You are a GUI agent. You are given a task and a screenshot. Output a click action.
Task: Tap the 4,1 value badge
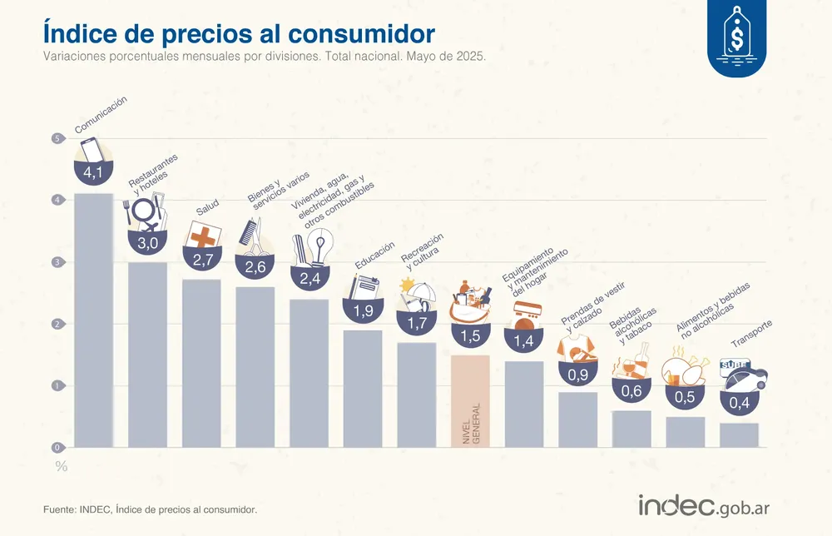click(x=93, y=174)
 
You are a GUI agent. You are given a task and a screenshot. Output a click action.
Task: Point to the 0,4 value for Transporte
click(x=738, y=404)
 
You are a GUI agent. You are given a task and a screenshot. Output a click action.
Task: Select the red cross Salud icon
click(x=201, y=236)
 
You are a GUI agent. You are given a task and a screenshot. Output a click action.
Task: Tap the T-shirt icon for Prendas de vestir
click(x=577, y=348)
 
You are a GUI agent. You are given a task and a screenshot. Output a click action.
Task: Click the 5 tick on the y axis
click(x=57, y=138)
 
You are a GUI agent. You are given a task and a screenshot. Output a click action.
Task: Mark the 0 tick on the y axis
click(x=57, y=448)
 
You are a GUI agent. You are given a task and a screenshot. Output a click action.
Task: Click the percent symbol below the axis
click(x=61, y=466)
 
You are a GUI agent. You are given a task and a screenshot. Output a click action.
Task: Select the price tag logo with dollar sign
click(x=736, y=38)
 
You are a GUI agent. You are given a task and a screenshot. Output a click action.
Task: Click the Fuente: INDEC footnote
click(x=150, y=509)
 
